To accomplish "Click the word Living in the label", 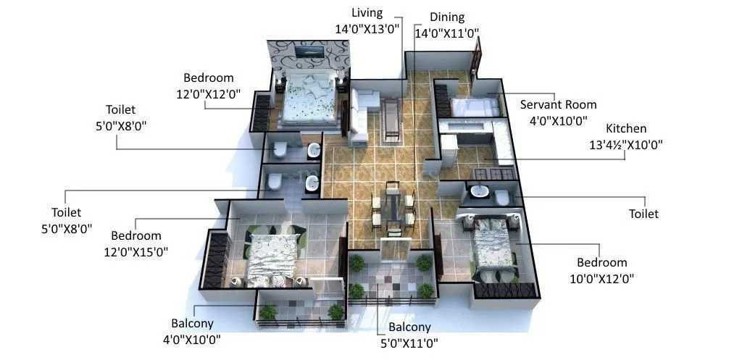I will click(x=367, y=12).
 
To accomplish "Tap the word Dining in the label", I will click(x=446, y=17).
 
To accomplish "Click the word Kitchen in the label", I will click(x=626, y=128).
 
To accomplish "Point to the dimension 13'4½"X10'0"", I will click(x=626, y=144).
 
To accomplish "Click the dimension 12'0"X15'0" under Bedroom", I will click(x=141, y=252).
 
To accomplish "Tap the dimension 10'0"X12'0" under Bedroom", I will click(x=601, y=278).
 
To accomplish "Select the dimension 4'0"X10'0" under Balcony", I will click(x=191, y=339).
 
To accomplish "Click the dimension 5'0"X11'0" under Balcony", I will click(x=409, y=343).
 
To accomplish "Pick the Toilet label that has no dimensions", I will click(x=643, y=214).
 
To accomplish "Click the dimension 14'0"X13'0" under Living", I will click(x=367, y=29).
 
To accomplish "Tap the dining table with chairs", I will click(x=391, y=208).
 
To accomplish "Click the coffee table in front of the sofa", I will click(x=391, y=117).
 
